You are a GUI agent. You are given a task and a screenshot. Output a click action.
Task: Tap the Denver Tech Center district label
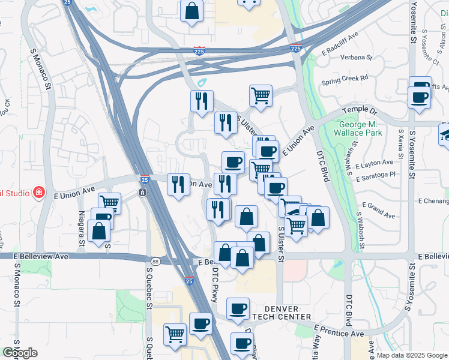(x=281, y=312)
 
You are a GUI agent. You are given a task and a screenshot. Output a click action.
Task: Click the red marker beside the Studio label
(x=38, y=193)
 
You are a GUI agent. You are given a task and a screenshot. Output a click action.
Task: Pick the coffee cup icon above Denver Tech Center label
(x=238, y=308)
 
